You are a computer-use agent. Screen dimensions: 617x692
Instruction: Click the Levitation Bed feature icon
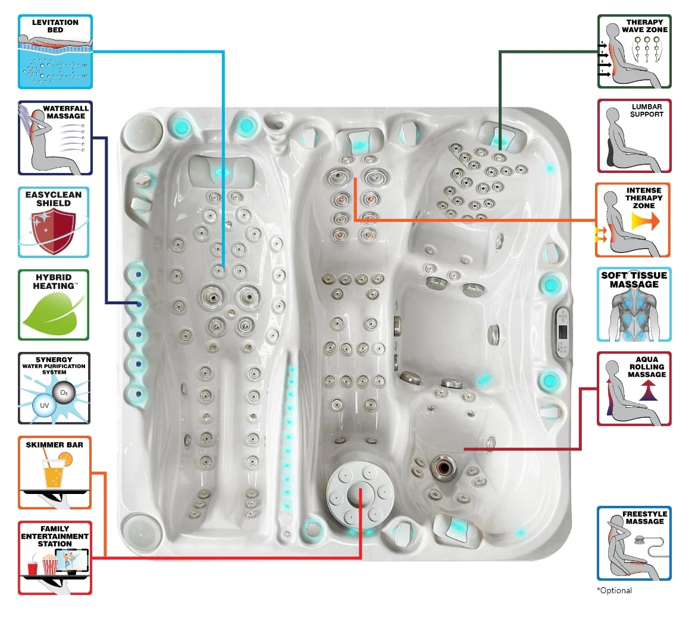(55, 52)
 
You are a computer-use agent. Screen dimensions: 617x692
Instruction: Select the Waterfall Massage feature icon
(55, 138)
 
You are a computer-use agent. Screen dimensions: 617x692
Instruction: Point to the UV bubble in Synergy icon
(45, 406)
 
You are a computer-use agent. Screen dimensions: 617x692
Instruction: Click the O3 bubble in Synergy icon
(64, 392)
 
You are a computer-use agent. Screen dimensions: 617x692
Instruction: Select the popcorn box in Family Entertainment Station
(49, 565)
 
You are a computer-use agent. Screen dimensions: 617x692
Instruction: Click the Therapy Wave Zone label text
(644, 26)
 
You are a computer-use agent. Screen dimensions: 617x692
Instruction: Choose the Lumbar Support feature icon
(634, 136)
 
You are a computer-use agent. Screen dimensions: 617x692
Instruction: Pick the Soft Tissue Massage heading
(634, 279)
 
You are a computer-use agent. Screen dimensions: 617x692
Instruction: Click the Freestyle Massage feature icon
(634, 543)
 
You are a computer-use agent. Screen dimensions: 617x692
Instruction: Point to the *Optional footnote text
(614, 590)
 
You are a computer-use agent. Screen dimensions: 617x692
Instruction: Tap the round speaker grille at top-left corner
(142, 131)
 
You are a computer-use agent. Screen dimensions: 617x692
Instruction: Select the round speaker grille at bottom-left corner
(139, 531)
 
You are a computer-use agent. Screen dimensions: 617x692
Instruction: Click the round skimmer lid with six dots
(360, 494)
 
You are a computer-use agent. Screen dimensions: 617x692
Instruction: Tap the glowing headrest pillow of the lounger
(222, 171)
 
